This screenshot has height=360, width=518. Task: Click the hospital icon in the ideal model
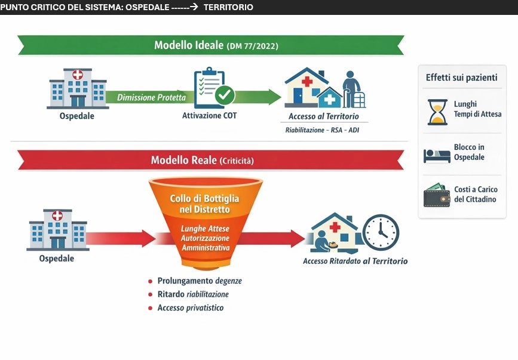coord(77,88)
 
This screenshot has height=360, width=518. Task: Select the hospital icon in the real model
coord(57,230)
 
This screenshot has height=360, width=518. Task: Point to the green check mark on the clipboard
coord(225,94)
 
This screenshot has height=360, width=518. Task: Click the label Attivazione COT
coord(209,116)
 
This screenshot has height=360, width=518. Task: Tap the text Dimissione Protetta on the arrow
coord(151,97)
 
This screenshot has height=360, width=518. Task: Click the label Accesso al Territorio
coord(323,116)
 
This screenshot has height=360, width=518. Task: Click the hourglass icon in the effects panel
coord(437,112)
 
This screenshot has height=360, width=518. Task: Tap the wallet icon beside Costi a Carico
coord(437,195)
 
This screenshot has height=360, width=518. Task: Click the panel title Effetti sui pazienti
coord(462,78)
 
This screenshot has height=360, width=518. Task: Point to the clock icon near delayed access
coord(381,232)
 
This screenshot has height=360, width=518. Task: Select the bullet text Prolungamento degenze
coord(200,281)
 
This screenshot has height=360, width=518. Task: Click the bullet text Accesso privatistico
coord(191,308)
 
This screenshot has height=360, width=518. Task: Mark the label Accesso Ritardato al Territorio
coord(355,261)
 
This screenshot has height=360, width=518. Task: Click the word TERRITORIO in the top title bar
coord(228,7)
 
